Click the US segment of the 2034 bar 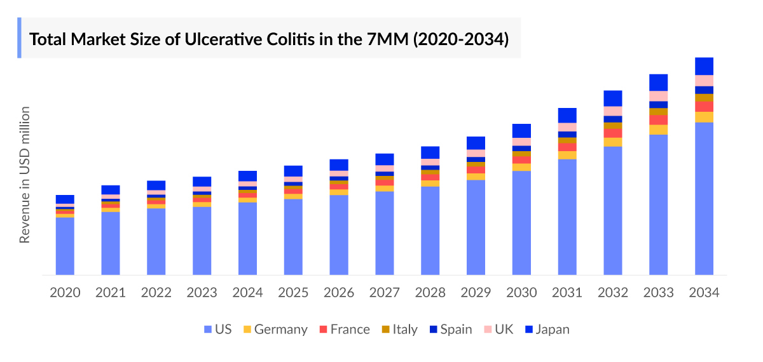(x=704, y=198)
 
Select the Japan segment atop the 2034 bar (x=704, y=66)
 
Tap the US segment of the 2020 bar (x=65, y=246)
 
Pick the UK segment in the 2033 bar (x=658, y=96)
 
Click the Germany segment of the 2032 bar (x=612, y=142)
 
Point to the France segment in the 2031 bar (x=567, y=147)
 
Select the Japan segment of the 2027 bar (x=384, y=159)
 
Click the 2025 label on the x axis (x=293, y=293)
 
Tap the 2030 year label (x=521, y=293)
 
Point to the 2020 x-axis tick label (x=65, y=293)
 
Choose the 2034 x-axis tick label (x=704, y=293)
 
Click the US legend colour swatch (x=207, y=330)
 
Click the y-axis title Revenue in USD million (x=25, y=175)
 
